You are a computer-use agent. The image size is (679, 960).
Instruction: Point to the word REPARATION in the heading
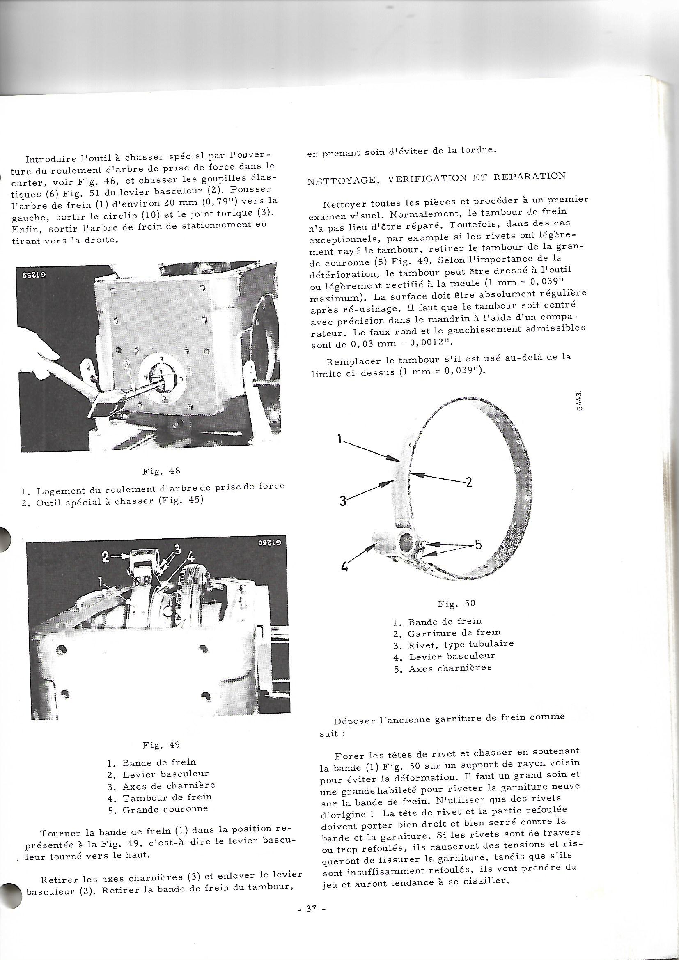tap(530, 176)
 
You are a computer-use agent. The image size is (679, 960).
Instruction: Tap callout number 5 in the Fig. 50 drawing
tap(477, 545)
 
